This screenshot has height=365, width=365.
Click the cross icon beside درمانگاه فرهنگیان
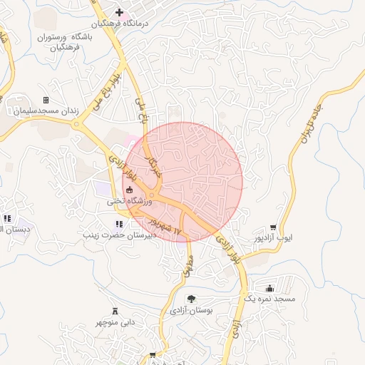click(x=119, y=11)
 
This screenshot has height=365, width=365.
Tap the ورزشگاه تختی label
click(x=130, y=202)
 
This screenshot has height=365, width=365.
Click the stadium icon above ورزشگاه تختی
click(x=130, y=190)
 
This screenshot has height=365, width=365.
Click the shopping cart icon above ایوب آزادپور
click(x=274, y=228)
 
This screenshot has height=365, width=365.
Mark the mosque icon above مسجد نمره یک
click(x=269, y=289)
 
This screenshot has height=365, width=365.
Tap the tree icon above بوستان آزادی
click(x=190, y=299)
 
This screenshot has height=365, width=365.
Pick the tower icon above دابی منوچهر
click(x=115, y=311)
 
